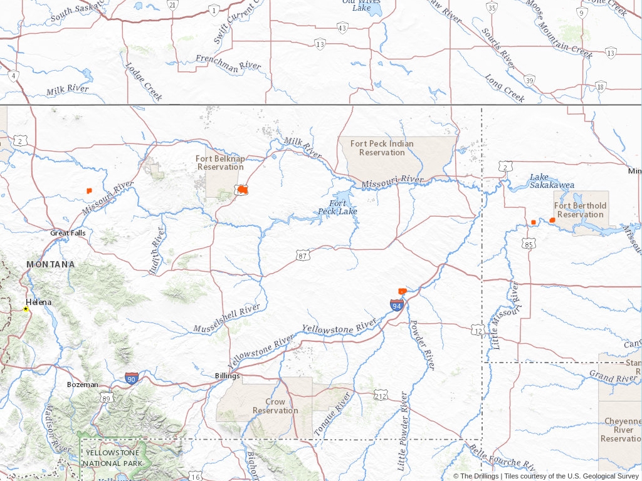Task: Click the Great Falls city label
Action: tap(68, 233)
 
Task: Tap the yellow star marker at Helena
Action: tap(26, 309)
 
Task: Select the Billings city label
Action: tap(227, 376)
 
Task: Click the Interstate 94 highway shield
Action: tap(396, 305)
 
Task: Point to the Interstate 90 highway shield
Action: tap(131, 378)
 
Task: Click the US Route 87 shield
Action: tap(303, 255)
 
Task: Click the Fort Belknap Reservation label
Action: tap(220, 163)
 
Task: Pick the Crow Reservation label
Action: tap(275, 406)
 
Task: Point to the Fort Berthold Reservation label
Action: tap(581, 210)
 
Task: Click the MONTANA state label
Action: tap(50, 264)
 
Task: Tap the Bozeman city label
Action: tap(83, 384)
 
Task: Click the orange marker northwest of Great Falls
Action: tap(89, 190)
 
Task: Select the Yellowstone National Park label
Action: tap(113, 458)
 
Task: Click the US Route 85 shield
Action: tap(529, 244)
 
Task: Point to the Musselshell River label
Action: tap(226, 318)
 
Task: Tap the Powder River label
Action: tap(422, 344)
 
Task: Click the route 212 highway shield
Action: tap(381, 395)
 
